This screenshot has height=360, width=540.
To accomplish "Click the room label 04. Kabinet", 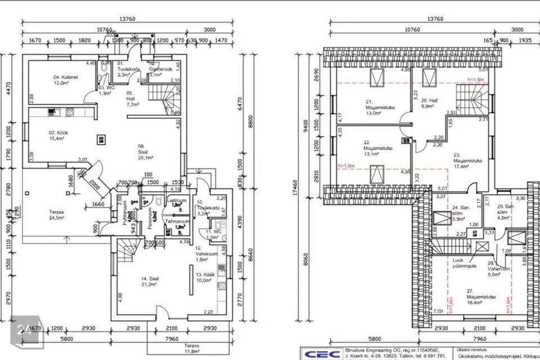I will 66,79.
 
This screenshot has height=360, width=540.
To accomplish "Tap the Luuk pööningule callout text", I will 465,263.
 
